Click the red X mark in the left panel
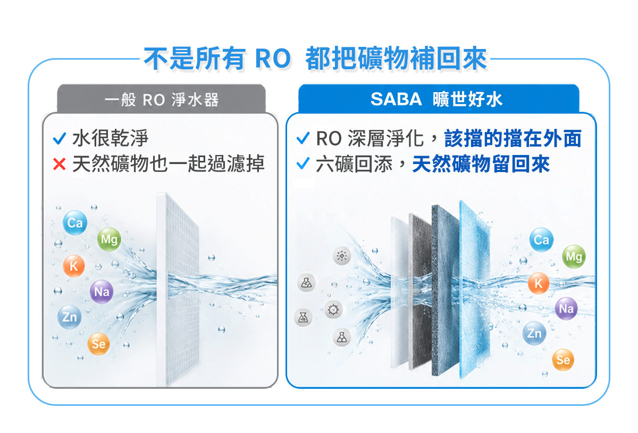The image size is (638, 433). point(59,164)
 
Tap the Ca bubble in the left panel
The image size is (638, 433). point(75,223)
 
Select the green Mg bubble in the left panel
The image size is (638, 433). point(109,239)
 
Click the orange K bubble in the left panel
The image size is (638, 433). point(74,266)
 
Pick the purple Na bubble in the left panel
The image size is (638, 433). point(102,291)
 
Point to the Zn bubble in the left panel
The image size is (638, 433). point(70,316)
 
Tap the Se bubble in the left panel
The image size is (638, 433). point(98,344)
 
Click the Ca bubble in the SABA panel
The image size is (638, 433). point(541,240)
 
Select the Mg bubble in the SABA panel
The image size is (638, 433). point(574,256)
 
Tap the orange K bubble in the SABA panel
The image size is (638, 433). point(538,283)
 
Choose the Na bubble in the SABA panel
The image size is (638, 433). point(566,308)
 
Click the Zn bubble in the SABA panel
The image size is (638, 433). point(534,333)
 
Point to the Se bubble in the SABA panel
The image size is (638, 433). point(563,360)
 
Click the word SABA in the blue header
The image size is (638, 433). point(396,99)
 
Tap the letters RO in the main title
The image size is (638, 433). point(273,59)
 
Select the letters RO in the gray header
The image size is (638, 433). point(154,100)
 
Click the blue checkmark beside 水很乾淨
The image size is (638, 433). point(60,138)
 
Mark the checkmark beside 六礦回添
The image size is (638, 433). point(303,164)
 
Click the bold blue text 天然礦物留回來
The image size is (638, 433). point(481,164)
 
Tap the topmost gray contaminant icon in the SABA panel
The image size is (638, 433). point(342,256)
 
